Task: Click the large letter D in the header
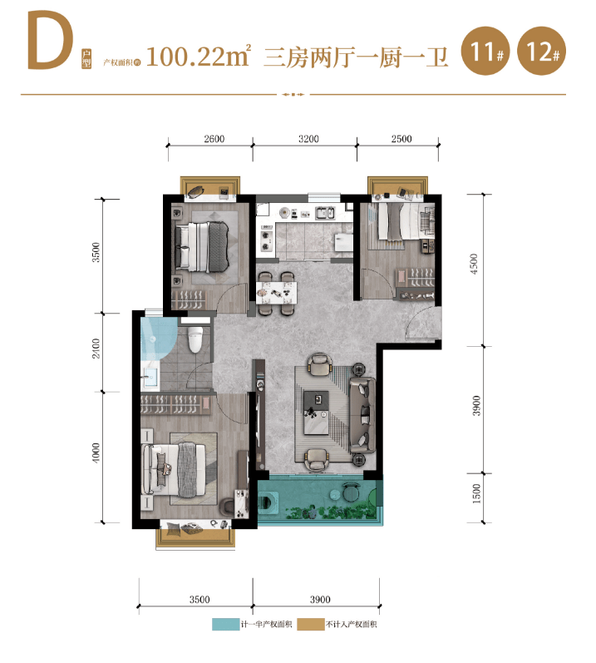(50, 41)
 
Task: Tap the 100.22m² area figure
(199, 56)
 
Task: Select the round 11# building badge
(485, 51)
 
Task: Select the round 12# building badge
(541, 51)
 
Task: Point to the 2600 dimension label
(214, 139)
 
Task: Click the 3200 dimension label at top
(308, 139)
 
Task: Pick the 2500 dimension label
(401, 139)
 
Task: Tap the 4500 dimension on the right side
(474, 264)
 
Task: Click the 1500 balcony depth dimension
(476, 493)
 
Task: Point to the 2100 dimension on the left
(96, 348)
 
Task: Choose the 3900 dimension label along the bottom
(320, 599)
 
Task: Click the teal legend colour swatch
(225, 624)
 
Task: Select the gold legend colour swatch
(311, 624)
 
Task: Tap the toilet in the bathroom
(195, 339)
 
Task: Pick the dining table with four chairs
(276, 294)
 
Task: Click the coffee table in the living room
(316, 413)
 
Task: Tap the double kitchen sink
(325, 213)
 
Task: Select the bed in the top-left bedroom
(202, 247)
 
